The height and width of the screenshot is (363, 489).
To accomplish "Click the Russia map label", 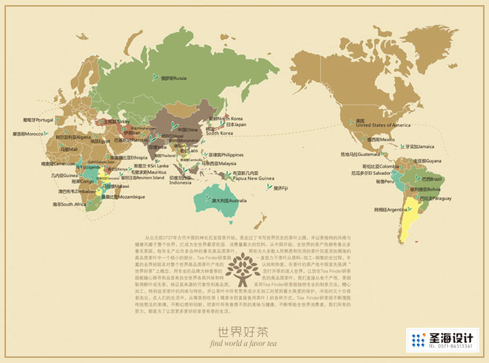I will click(x=173, y=78).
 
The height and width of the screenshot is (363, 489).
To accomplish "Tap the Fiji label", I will click(x=282, y=188).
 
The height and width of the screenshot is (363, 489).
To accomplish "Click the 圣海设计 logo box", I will click(x=441, y=341).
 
